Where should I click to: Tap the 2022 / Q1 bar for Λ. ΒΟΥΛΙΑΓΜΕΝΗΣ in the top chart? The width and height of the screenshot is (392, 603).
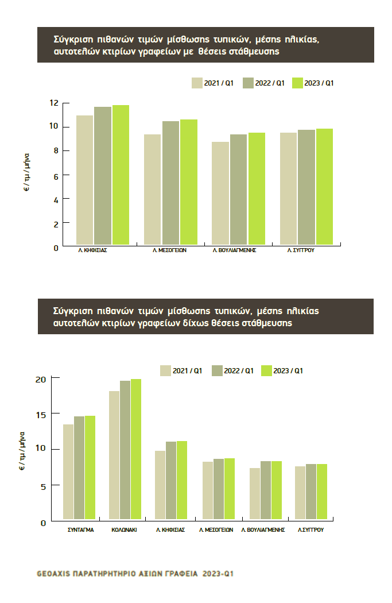[239, 190]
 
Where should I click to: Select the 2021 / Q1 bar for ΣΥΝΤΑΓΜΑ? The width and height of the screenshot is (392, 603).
[68, 471]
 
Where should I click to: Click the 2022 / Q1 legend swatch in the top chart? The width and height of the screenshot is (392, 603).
[248, 83]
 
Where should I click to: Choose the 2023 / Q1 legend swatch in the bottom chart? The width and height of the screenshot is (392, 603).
[266, 371]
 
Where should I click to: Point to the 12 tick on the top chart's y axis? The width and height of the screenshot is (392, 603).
[53, 103]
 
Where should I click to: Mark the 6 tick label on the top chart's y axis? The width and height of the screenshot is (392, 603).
[56, 175]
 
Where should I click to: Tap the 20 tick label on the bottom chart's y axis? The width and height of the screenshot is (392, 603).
[40, 379]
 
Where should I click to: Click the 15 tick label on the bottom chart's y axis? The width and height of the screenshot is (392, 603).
[40, 413]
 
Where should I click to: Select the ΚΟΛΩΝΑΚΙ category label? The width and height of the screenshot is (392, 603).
[124, 530]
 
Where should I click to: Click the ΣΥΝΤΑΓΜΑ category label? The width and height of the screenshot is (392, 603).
[77, 530]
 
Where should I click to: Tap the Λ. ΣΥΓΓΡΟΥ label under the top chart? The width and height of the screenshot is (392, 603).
[301, 251]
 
